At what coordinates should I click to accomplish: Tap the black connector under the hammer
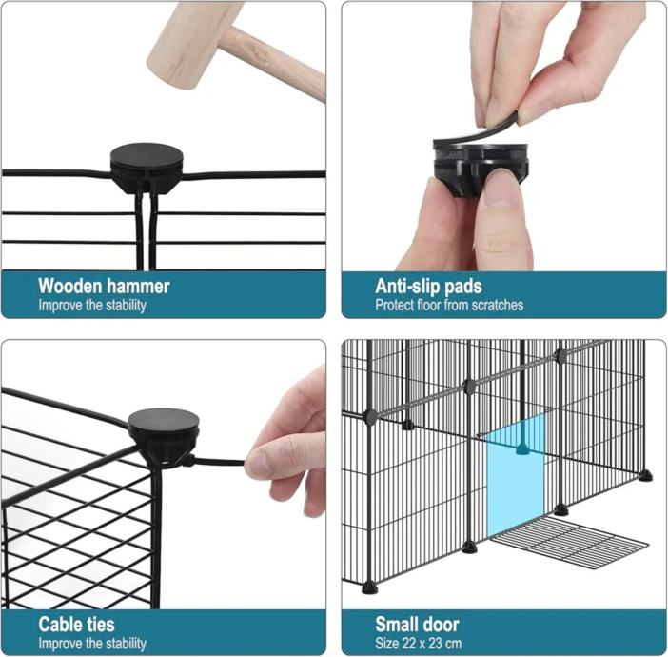coord(147,168)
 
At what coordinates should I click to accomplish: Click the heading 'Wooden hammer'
coord(104,286)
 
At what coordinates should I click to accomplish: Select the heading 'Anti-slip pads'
coord(428,286)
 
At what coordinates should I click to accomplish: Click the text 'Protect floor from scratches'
coord(449,305)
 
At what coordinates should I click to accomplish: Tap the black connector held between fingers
coord(481,169)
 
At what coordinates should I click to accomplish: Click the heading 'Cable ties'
coord(76,625)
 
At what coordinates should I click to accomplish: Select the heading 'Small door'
coord(417,625)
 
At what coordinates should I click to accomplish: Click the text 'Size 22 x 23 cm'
coord(418,643)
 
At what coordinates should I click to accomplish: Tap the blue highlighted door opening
coord(516,475)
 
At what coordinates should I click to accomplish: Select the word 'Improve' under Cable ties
coord(54,644)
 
